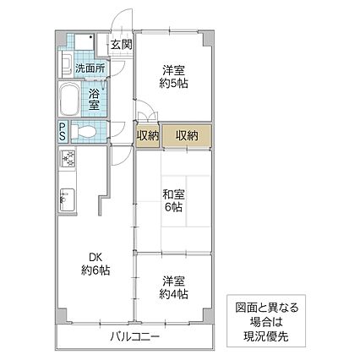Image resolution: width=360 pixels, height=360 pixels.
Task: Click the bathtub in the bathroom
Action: [x=69, y=100]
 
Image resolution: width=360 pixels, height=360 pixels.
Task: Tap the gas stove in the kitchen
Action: [x=68, y=158]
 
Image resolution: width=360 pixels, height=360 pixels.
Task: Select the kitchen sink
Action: [x=67, y=200]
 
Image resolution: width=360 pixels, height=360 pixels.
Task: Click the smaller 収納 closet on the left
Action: [x=147, y=134]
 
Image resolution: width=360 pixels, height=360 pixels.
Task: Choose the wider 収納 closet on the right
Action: [x=186, y=134]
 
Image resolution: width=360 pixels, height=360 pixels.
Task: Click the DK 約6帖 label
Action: [x=95, y=264]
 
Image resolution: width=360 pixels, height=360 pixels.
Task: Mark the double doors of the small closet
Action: [x=145, y=117]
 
